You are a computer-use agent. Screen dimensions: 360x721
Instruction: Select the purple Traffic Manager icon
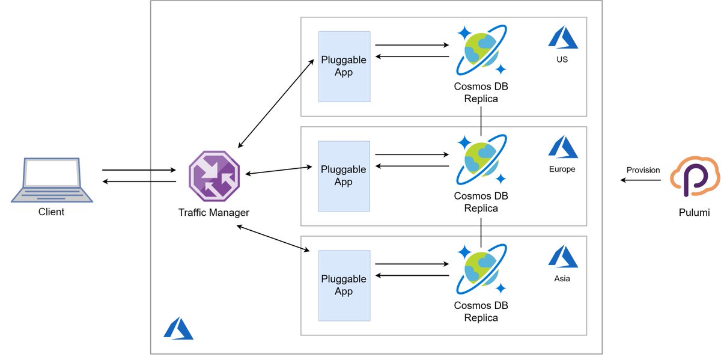pyautogui.click(x=213, y=175)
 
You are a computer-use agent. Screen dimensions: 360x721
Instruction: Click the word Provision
pyautogui.click(x=643, y=170)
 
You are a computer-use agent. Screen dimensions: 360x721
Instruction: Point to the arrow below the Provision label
pyautogui.click(x=640, y=180)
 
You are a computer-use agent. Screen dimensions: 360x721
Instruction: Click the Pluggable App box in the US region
pyautogui.click(x=344, y=66)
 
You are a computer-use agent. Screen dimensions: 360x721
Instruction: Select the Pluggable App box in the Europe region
pyautogui.click(x=344, y=176)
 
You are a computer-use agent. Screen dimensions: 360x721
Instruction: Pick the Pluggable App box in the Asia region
pyautogui.click(x=344, y=285)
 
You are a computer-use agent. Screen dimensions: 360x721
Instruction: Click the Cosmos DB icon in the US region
pyautogui.click(x=481, y=52)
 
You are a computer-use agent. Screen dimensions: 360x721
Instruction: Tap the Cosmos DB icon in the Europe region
pyautogui.click(x=481, y=161)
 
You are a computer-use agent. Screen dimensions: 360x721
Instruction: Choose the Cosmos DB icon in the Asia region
pyautogui.click(x=481, y=270)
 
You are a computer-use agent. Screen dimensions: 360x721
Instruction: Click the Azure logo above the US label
pyautogui.click(x=562, y=38)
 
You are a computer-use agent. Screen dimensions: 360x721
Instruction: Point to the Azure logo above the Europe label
pyautogui.click(x=562, y=147)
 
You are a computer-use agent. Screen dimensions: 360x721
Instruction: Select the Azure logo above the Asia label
pyautogui.click(x=562, y=257)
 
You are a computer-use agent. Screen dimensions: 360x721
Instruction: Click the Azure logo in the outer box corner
pyautogui.click(x=178, y=329)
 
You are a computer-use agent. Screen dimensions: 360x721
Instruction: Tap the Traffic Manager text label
pyautogui.click(x=213, y=212)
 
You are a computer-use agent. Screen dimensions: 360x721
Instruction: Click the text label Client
pyautogui.click(x=51, y=212)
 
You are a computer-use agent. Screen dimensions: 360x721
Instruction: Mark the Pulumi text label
pyautogui.click(x=694, y=212)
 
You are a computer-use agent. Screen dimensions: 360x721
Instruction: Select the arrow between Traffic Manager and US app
pyautogui.click(x=276, y=103)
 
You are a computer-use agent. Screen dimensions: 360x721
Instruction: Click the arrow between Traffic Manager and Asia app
pyautogui.click(x=273, y=239)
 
